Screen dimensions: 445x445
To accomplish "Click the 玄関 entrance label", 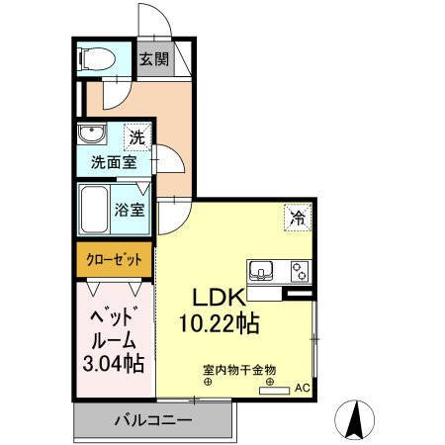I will (153, 58).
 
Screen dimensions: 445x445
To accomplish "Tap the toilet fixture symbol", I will (97, 58).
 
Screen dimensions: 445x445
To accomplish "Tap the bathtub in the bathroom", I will (97, 210).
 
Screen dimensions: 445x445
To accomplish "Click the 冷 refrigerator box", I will (296, 217).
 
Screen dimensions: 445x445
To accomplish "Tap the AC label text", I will (302, 389).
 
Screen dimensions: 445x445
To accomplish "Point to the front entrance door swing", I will (153, 20).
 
